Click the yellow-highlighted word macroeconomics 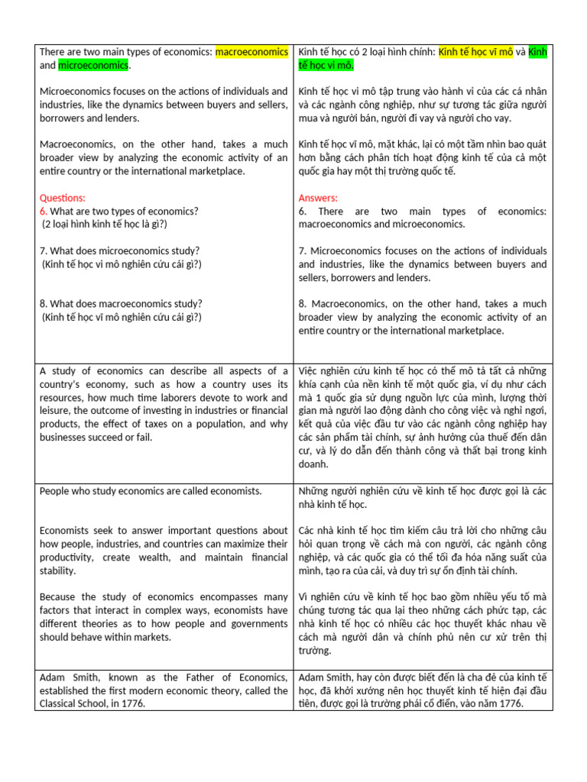point(251,52)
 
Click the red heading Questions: point(62,198)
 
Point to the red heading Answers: point(318,198)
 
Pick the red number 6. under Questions point(44,211)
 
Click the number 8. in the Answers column point(303,303)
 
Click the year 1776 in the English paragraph point(131,703)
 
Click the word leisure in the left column point(56,410)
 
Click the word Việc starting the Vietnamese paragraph point(310,370)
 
